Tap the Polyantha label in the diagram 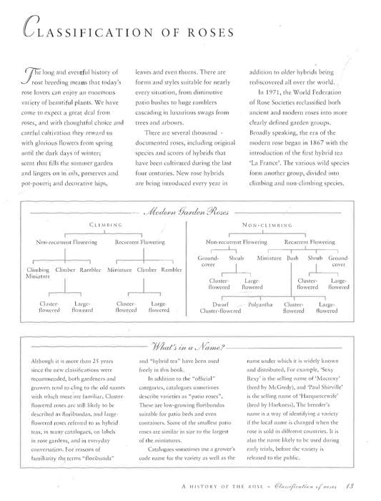(x=259, y=304)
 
